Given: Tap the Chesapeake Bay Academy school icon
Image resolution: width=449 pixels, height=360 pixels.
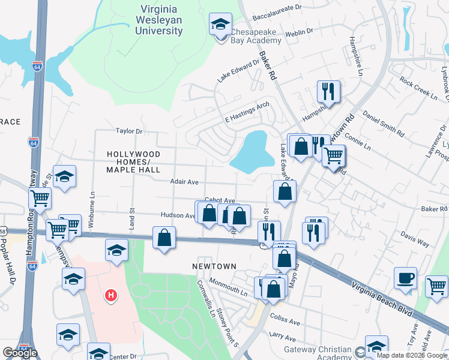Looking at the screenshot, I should point(220,25).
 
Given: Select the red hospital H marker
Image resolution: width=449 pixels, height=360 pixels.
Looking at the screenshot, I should point(110,295).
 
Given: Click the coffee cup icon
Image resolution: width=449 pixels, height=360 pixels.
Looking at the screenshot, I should point(405,278).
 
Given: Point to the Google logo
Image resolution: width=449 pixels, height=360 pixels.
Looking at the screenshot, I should point(20,352).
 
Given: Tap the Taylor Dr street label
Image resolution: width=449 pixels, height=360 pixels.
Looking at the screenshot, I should point(129,130).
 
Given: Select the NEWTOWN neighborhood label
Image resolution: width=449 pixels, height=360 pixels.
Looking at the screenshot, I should point(214,266).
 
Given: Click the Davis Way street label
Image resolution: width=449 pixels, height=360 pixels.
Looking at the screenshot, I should point(415,244).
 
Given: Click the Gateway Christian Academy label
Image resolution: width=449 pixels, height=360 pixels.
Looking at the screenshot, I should point(318,353).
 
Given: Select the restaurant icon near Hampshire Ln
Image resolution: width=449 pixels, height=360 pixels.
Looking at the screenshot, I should point(328,91).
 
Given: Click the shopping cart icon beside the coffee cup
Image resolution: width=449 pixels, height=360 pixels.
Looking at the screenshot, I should point(436,285).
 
